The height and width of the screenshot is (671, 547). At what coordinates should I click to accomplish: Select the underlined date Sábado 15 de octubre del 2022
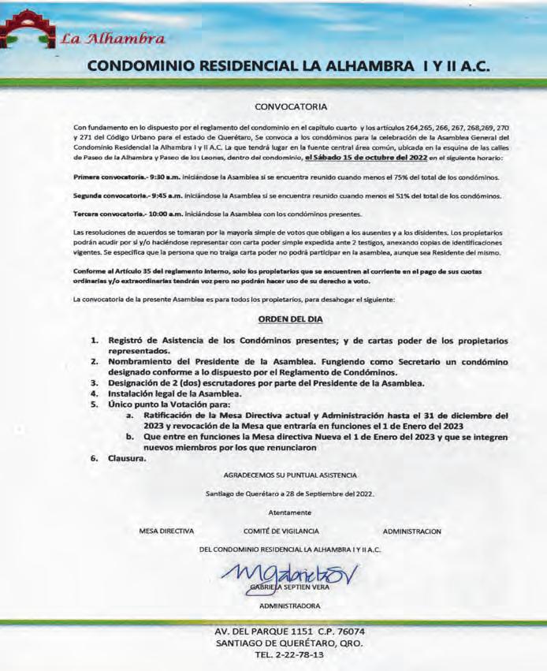[x=361, y=158]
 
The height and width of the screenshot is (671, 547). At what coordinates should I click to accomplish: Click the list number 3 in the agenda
[x=94, y=382]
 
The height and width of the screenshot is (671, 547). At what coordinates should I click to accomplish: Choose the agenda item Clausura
[x=127, y=457]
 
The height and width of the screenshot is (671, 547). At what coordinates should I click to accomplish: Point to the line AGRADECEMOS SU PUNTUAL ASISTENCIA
[x=290, y=475]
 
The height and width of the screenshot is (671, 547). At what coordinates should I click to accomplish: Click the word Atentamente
[x=290, y=513]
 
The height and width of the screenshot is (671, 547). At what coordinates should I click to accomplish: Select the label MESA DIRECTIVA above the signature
[x=166, y=531]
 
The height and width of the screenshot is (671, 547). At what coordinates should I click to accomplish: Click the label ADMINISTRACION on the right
[x=411, y=531]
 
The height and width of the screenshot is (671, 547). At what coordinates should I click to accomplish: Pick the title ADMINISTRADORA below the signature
[x=290, y=606]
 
